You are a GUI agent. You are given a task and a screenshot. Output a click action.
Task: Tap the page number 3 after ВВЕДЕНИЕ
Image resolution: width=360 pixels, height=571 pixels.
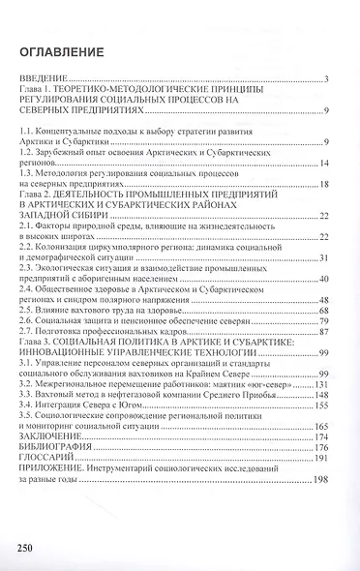click(x=329, y=78)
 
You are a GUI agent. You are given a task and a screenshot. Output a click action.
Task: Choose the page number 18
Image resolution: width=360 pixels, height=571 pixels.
click(x=326, y=184)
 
